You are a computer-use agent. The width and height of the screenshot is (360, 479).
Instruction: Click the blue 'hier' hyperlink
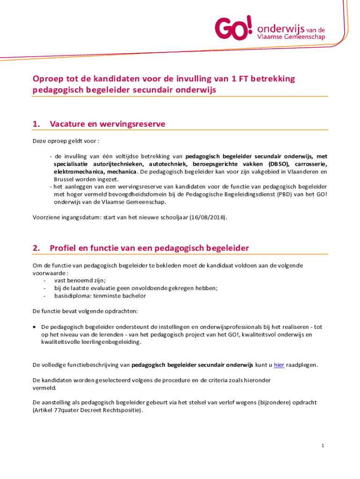pos(279,365)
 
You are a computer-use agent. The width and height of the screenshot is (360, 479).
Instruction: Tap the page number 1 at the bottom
pos(323,445)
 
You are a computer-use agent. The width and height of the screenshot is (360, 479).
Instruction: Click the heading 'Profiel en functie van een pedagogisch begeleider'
pos(149,248)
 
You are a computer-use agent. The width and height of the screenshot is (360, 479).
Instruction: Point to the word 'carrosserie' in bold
pos(310,164)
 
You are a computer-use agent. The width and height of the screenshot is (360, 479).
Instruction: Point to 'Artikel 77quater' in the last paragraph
pos(56,410)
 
